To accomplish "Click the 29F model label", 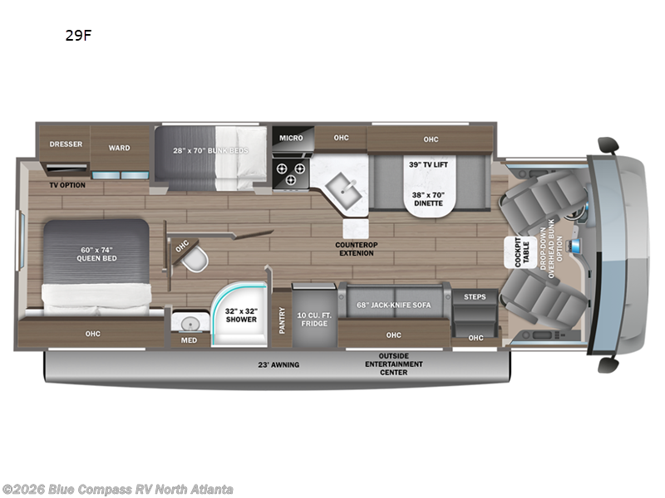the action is [78, 36].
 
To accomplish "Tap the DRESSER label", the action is [66, 144].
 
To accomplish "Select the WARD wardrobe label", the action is [119, 148].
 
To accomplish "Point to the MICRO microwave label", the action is [291, 138].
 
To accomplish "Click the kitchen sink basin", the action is [343, 191].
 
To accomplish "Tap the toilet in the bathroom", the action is [195, 259].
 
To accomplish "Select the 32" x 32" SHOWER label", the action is [241, 315].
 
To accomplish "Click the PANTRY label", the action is [283, 320].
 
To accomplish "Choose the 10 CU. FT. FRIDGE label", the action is [314, 320].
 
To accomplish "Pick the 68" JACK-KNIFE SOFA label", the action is [393, 305].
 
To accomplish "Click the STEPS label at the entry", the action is [475, 297].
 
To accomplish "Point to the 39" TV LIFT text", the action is [428, 164].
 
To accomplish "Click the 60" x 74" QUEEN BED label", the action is [96, 254].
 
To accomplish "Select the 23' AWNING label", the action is [278, 364].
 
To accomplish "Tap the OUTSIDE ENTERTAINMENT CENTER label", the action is [393, 364].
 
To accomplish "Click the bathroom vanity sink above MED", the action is [190, 325].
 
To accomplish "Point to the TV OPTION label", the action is [67, 185].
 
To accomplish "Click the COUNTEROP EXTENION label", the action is [357, 249].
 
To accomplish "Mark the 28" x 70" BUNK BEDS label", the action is [210, 150].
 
